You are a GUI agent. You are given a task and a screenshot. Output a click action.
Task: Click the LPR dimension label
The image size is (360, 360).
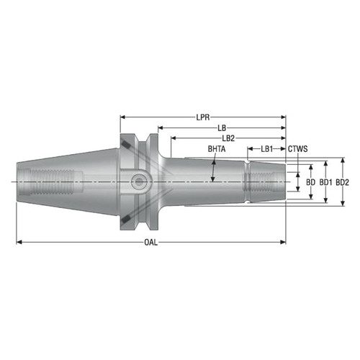point(204,116)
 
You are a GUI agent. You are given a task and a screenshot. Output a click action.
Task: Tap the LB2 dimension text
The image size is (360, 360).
point(229,138)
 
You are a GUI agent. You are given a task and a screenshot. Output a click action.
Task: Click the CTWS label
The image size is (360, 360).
point(298,149)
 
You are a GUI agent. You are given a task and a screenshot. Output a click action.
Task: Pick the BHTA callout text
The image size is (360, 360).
point(217,149)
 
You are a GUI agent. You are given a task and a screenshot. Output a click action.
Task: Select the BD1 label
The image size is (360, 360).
point(326,182)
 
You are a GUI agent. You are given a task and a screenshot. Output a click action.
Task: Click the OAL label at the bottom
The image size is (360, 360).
point(150,243)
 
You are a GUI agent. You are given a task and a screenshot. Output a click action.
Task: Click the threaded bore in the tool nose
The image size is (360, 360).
point(266,181)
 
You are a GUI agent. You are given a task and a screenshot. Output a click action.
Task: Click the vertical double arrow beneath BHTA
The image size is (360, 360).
point(213,171)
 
